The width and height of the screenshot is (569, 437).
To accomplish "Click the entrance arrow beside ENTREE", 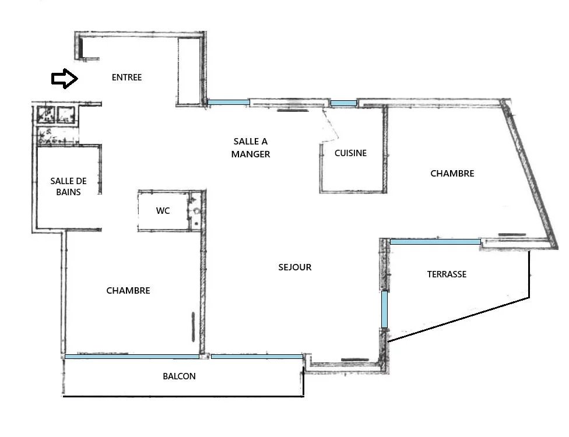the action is pyautogui.click(x=65, y=78).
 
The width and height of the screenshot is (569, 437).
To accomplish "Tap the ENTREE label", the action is pyautogui.click(x=127, y=77).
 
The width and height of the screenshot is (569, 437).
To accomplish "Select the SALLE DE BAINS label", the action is pyautogui.click(x=68, y=186).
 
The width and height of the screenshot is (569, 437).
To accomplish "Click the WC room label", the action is pyautogui.click(x=163, y=211).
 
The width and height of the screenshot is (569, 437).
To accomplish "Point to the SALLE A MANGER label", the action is pyautogui.click(x=251, y=147).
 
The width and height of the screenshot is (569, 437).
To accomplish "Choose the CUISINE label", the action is pyautogui.click(x=350, y=153).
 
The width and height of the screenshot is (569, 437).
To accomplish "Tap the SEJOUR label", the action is pyautogui.click(x=294, y=267).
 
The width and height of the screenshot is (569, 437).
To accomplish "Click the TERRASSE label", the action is pyautogui.click(x=447, y=274).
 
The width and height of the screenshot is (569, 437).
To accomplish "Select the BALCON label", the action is pyautogui.click(x=179, y=376).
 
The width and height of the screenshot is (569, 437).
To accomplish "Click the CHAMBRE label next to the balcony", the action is pyautogui.click(x=128, y=291).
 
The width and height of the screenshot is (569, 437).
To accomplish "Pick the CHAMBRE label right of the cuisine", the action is pyautogui.click(x=452, y=174).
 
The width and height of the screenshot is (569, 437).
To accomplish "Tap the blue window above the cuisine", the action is pyautogui.click(x=343, y=103).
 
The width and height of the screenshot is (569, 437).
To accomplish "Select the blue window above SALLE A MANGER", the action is pyautogui.click(x=229, y=103).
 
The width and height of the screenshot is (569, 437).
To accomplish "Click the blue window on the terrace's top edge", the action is pyautogui.click(x=435, y=242).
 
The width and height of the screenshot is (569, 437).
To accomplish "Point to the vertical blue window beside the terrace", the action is pyautogui.click(x=384, y=309).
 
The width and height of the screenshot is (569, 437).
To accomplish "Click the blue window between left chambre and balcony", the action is pyautogui.click(x=132, y=357).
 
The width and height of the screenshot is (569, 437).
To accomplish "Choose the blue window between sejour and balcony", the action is pyautogui.click(x=257, y=357).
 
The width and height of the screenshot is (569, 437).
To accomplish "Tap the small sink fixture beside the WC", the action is pyautogui.click(x=196, y=210).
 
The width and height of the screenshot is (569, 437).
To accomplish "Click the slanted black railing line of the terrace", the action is pyautogui.click(x=459, y=319).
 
